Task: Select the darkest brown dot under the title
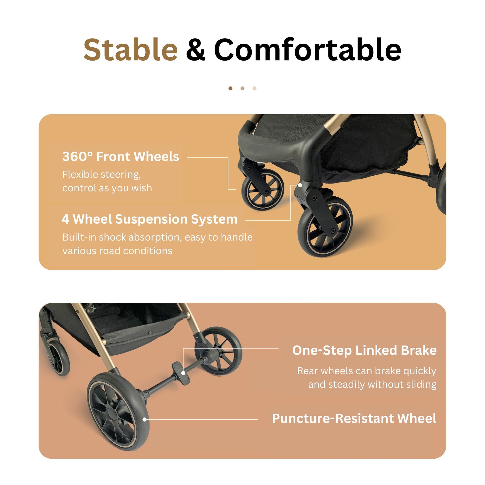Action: click(231, 88)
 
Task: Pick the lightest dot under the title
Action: click(254, 88)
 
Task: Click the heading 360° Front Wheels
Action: click(121, 157)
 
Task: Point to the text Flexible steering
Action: click(102, 174)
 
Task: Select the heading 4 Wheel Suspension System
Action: click(150, 219)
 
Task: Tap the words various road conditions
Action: click(117, 251)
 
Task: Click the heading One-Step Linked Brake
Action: click(365, 350)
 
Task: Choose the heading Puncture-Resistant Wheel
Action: click(354, 418)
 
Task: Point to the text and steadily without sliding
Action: click(372, 385)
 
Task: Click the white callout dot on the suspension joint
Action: click(300, 185)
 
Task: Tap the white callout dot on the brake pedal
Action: click(183, 373)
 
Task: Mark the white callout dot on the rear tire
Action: click(145, 419)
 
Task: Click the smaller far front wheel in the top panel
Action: click(263, 189)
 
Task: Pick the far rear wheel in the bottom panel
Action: click(218, 351)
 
